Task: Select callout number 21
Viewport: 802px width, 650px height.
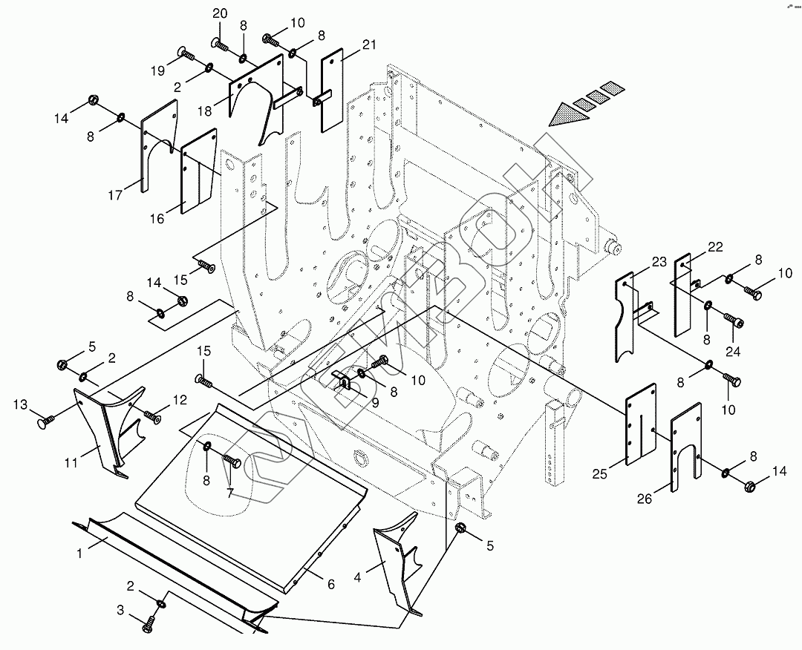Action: pyautogui.click(x=369, y=45)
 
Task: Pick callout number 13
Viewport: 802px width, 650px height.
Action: pyautogui.click(x=21, y=405)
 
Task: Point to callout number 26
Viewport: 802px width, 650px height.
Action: pyautogui.click(x=644, y=499)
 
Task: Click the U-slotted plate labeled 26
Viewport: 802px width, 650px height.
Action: pyautogui.click(x=686, y=453)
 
